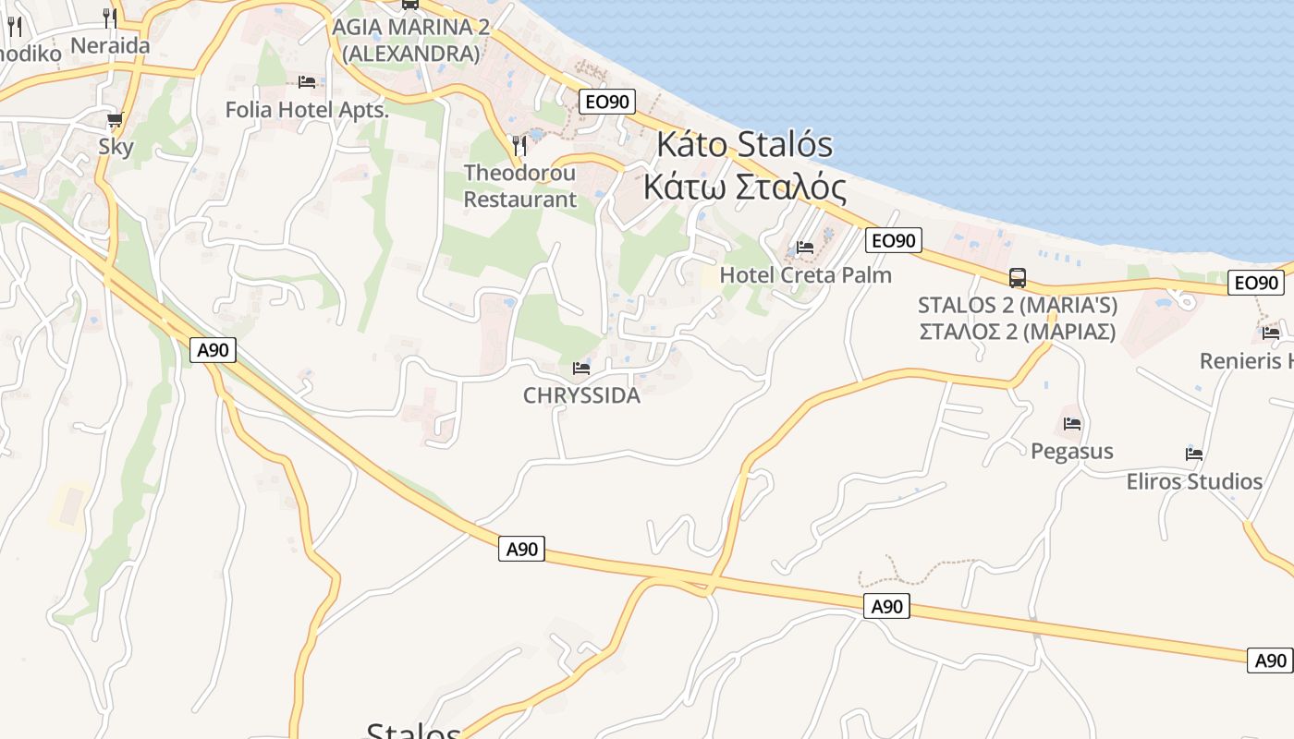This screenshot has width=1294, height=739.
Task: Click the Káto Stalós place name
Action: [745, 145]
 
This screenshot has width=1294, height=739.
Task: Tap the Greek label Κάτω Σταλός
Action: [745, 187]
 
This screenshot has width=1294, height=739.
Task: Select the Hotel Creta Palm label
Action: [805, 274]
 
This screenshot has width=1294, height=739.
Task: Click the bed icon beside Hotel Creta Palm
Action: [805, 247]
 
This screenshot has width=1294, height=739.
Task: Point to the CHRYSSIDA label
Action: [581, 395]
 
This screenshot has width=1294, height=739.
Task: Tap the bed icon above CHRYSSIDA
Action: [581, 368]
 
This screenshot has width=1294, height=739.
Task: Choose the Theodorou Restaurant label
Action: [519, 186]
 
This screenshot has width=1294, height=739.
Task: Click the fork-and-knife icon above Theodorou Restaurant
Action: [519, 145]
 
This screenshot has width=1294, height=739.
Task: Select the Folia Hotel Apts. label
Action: [307, 110]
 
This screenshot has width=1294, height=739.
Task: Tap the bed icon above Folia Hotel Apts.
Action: [307, 82]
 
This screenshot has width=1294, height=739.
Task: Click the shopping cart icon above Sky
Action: [116, 119]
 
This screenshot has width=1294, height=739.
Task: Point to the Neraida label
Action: [110, 44]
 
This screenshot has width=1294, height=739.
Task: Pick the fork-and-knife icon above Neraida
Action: [110, 17]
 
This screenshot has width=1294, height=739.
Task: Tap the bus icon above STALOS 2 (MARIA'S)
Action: [1018, 277]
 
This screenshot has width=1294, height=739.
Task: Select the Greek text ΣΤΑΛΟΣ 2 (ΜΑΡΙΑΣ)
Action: [1018, 331]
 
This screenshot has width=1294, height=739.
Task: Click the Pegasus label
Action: [1072, 451]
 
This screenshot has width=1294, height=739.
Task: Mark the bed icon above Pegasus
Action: [1072, 423]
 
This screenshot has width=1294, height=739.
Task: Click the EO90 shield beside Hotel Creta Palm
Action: [894, 241]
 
